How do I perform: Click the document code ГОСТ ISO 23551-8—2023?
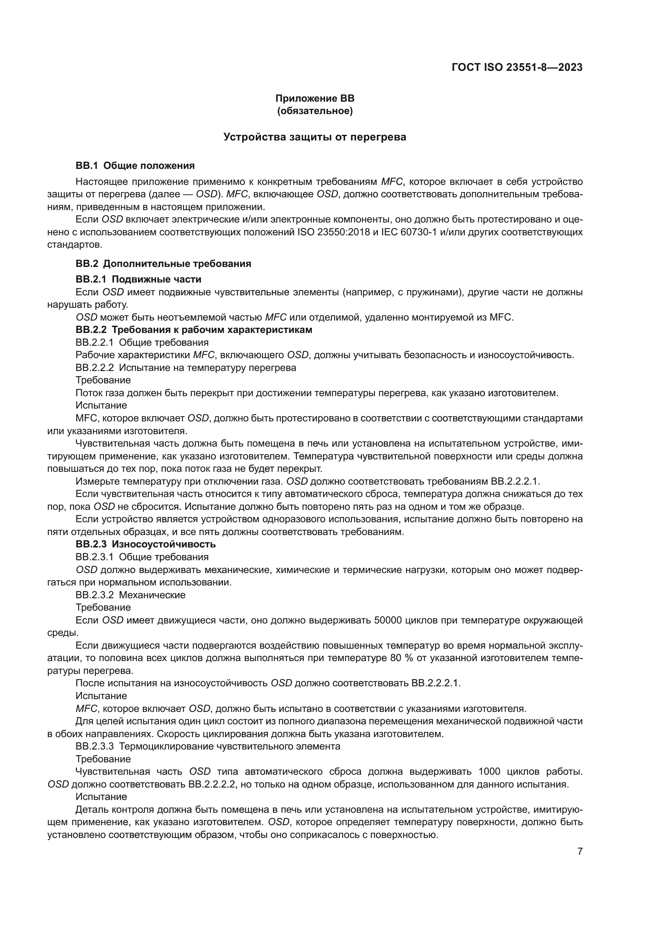[x=517, y=68]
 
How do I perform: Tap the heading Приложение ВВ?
[x=315, y=98]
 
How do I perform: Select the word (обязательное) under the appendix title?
[x=315, y=111]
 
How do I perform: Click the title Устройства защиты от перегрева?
[x=315, y=137]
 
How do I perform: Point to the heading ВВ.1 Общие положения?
[x=135, y=166]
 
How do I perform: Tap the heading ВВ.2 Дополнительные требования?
[x=163, y=264]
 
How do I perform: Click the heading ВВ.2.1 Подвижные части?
[x=138, y=279]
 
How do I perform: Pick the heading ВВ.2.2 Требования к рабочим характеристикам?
[x=194, y=330]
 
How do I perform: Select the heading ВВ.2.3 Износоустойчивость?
[x=146, y=544]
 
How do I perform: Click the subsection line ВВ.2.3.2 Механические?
[x=130, y=595]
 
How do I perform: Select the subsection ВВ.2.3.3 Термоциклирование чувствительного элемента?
[x=207, y=746]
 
